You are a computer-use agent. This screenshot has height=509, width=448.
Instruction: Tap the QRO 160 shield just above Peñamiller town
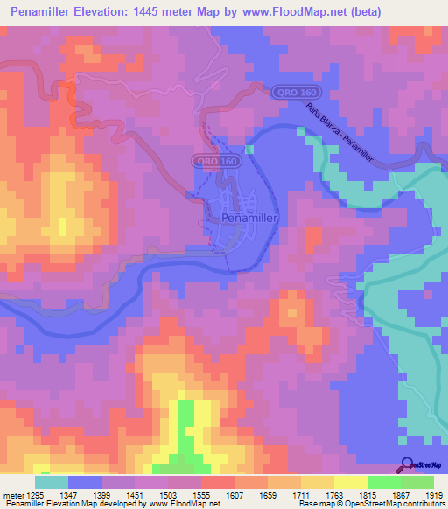click(x=215, y=162)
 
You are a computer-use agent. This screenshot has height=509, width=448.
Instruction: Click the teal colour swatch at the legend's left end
click(x=52, y=482)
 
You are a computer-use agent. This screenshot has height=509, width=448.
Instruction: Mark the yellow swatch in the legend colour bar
click(x=350, y=482)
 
